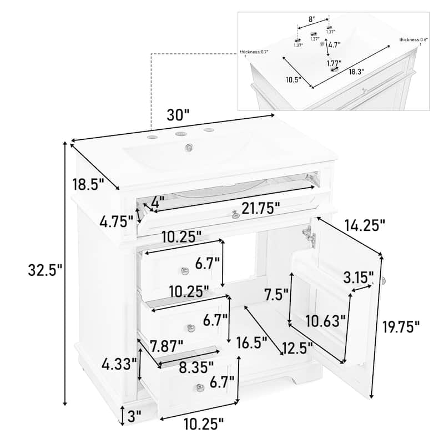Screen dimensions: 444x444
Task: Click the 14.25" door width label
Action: (364, 225)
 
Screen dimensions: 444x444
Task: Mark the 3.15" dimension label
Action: (356, 276)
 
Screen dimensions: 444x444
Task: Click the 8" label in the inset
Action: (312, 19)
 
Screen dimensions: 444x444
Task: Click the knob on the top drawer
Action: (185, 270)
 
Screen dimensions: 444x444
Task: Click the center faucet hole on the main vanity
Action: (179, 134)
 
